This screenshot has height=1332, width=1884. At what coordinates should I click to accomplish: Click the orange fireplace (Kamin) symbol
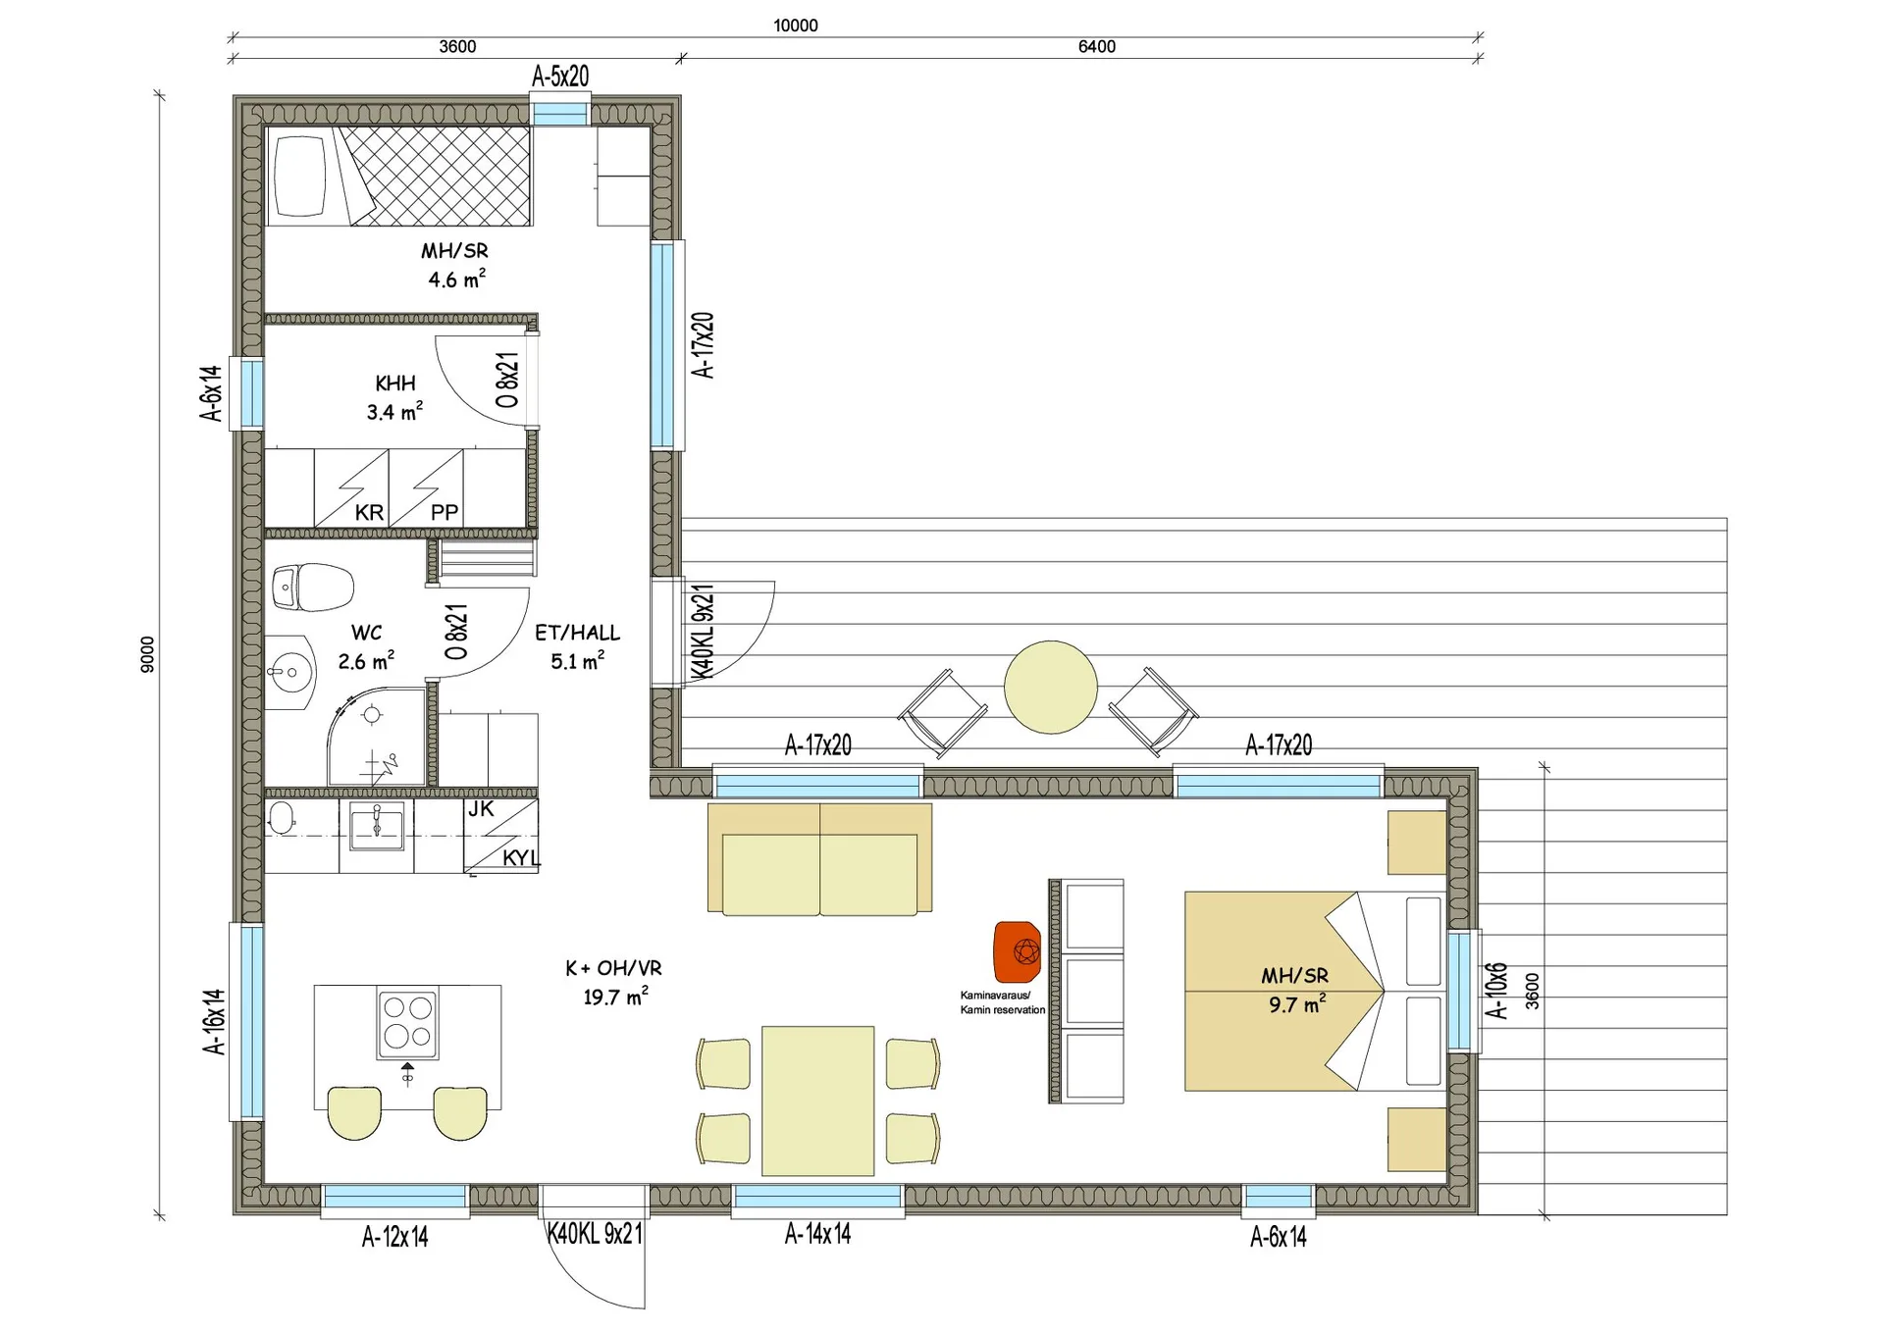pos(1017,951)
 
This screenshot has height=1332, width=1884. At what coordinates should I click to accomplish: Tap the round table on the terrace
pos(1051,687)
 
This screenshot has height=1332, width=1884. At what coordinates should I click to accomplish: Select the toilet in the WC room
pos(312,587)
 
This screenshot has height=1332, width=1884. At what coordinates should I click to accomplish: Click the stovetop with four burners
pos(408,1022)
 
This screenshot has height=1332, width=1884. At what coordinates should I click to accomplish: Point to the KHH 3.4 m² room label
pos(395,397)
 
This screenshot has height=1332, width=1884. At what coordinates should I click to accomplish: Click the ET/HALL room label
pos(577,633)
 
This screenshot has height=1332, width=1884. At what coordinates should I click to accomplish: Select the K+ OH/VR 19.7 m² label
pos(614,982)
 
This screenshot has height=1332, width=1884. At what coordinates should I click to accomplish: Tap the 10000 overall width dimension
pos(796,26)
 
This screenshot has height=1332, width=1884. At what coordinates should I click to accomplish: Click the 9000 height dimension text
pos(147,654)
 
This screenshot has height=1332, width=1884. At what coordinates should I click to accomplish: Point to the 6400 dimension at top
pos(1097,46)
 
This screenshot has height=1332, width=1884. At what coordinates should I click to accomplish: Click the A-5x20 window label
pos(560,76)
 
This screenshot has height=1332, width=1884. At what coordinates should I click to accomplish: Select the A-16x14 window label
pos(214,1021)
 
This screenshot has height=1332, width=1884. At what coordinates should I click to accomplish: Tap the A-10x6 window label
pos(1495,991)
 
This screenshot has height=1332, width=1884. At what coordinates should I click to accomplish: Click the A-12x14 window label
pos(395,1237)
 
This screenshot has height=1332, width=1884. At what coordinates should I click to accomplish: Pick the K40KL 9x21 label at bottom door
pos(595,1234)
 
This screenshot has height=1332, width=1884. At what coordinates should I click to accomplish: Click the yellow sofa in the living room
pos(819,859)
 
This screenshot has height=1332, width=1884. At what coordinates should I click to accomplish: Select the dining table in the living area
pos(817,1101)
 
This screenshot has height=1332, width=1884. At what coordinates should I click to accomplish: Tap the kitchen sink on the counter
pos(377,827)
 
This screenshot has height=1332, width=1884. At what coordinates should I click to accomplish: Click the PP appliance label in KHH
pos(445,512)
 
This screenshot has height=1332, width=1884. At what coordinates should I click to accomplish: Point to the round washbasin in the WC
pos(290,673)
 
